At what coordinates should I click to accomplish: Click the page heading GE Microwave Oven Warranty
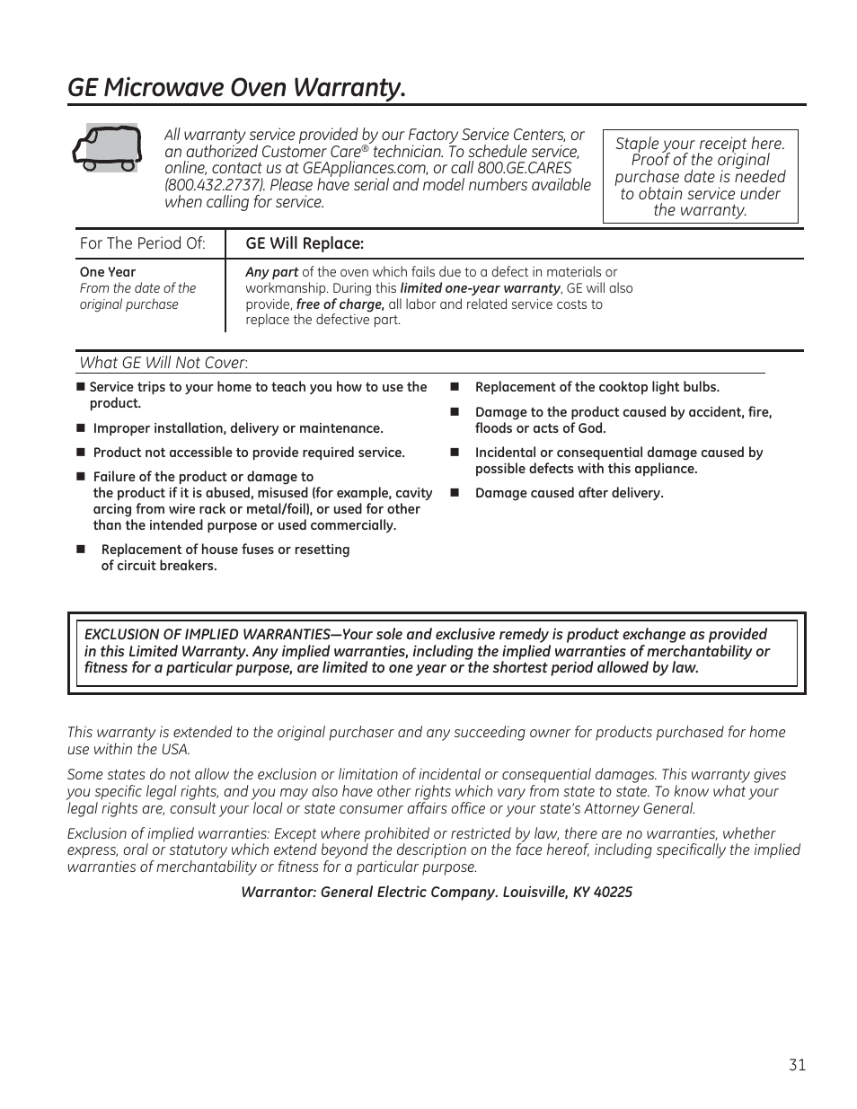click(x=236, y=88)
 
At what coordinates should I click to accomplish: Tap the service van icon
click(x=106, y=148)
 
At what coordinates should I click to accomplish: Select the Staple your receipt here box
click(x=700, y=177)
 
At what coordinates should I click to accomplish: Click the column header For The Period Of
click(x=142, y=243)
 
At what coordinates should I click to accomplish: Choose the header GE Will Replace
click(x=305, y=243)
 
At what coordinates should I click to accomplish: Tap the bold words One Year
click(x=108, y=272)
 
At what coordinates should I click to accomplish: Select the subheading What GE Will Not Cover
click(x=163, y=363)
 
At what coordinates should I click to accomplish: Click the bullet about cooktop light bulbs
click(x=596, y=387)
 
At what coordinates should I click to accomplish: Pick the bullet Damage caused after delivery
click(x=569, y=493)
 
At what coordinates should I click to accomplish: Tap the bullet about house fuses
click(x=225, y=558)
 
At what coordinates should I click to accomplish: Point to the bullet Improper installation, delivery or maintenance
click(x=238, y=428)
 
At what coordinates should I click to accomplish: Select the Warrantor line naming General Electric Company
click(x=436, y=892)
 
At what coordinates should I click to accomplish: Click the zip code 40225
click(x=613, y=892)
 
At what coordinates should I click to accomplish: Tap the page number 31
click(x=797, y=1065)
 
